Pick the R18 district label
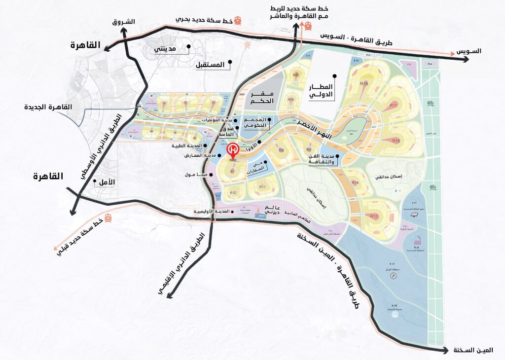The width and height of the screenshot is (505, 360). [364, 84]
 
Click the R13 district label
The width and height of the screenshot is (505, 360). [374, 216]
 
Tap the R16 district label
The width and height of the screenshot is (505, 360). [396, 141]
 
